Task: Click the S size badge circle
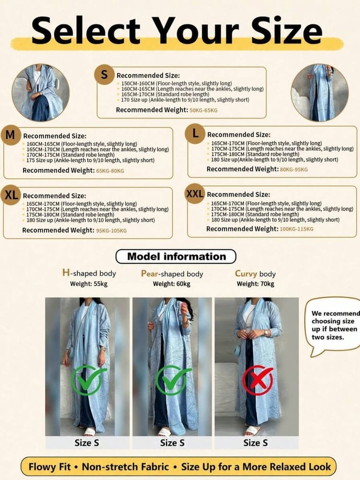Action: click(104, 74)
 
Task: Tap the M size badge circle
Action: click(11, 135)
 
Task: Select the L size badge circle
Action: click(195, 133)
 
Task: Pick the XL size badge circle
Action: click(11, 195)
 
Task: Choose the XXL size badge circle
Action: click(195, 193)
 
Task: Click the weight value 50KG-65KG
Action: click(203, 110)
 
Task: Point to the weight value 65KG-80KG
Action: click(110, 171)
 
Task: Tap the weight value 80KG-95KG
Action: click(294, 169)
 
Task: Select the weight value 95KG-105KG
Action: click(111, 230)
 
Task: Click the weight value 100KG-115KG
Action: click(296, 229)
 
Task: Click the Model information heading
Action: click(176, 256)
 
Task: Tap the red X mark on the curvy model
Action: click(258, 380)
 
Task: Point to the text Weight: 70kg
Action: click(256, 284)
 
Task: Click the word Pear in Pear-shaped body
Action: click(149, 274)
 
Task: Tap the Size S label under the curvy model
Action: click(256, 443)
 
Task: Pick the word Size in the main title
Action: click(287, 31)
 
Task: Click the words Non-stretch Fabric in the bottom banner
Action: click(125, 467)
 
